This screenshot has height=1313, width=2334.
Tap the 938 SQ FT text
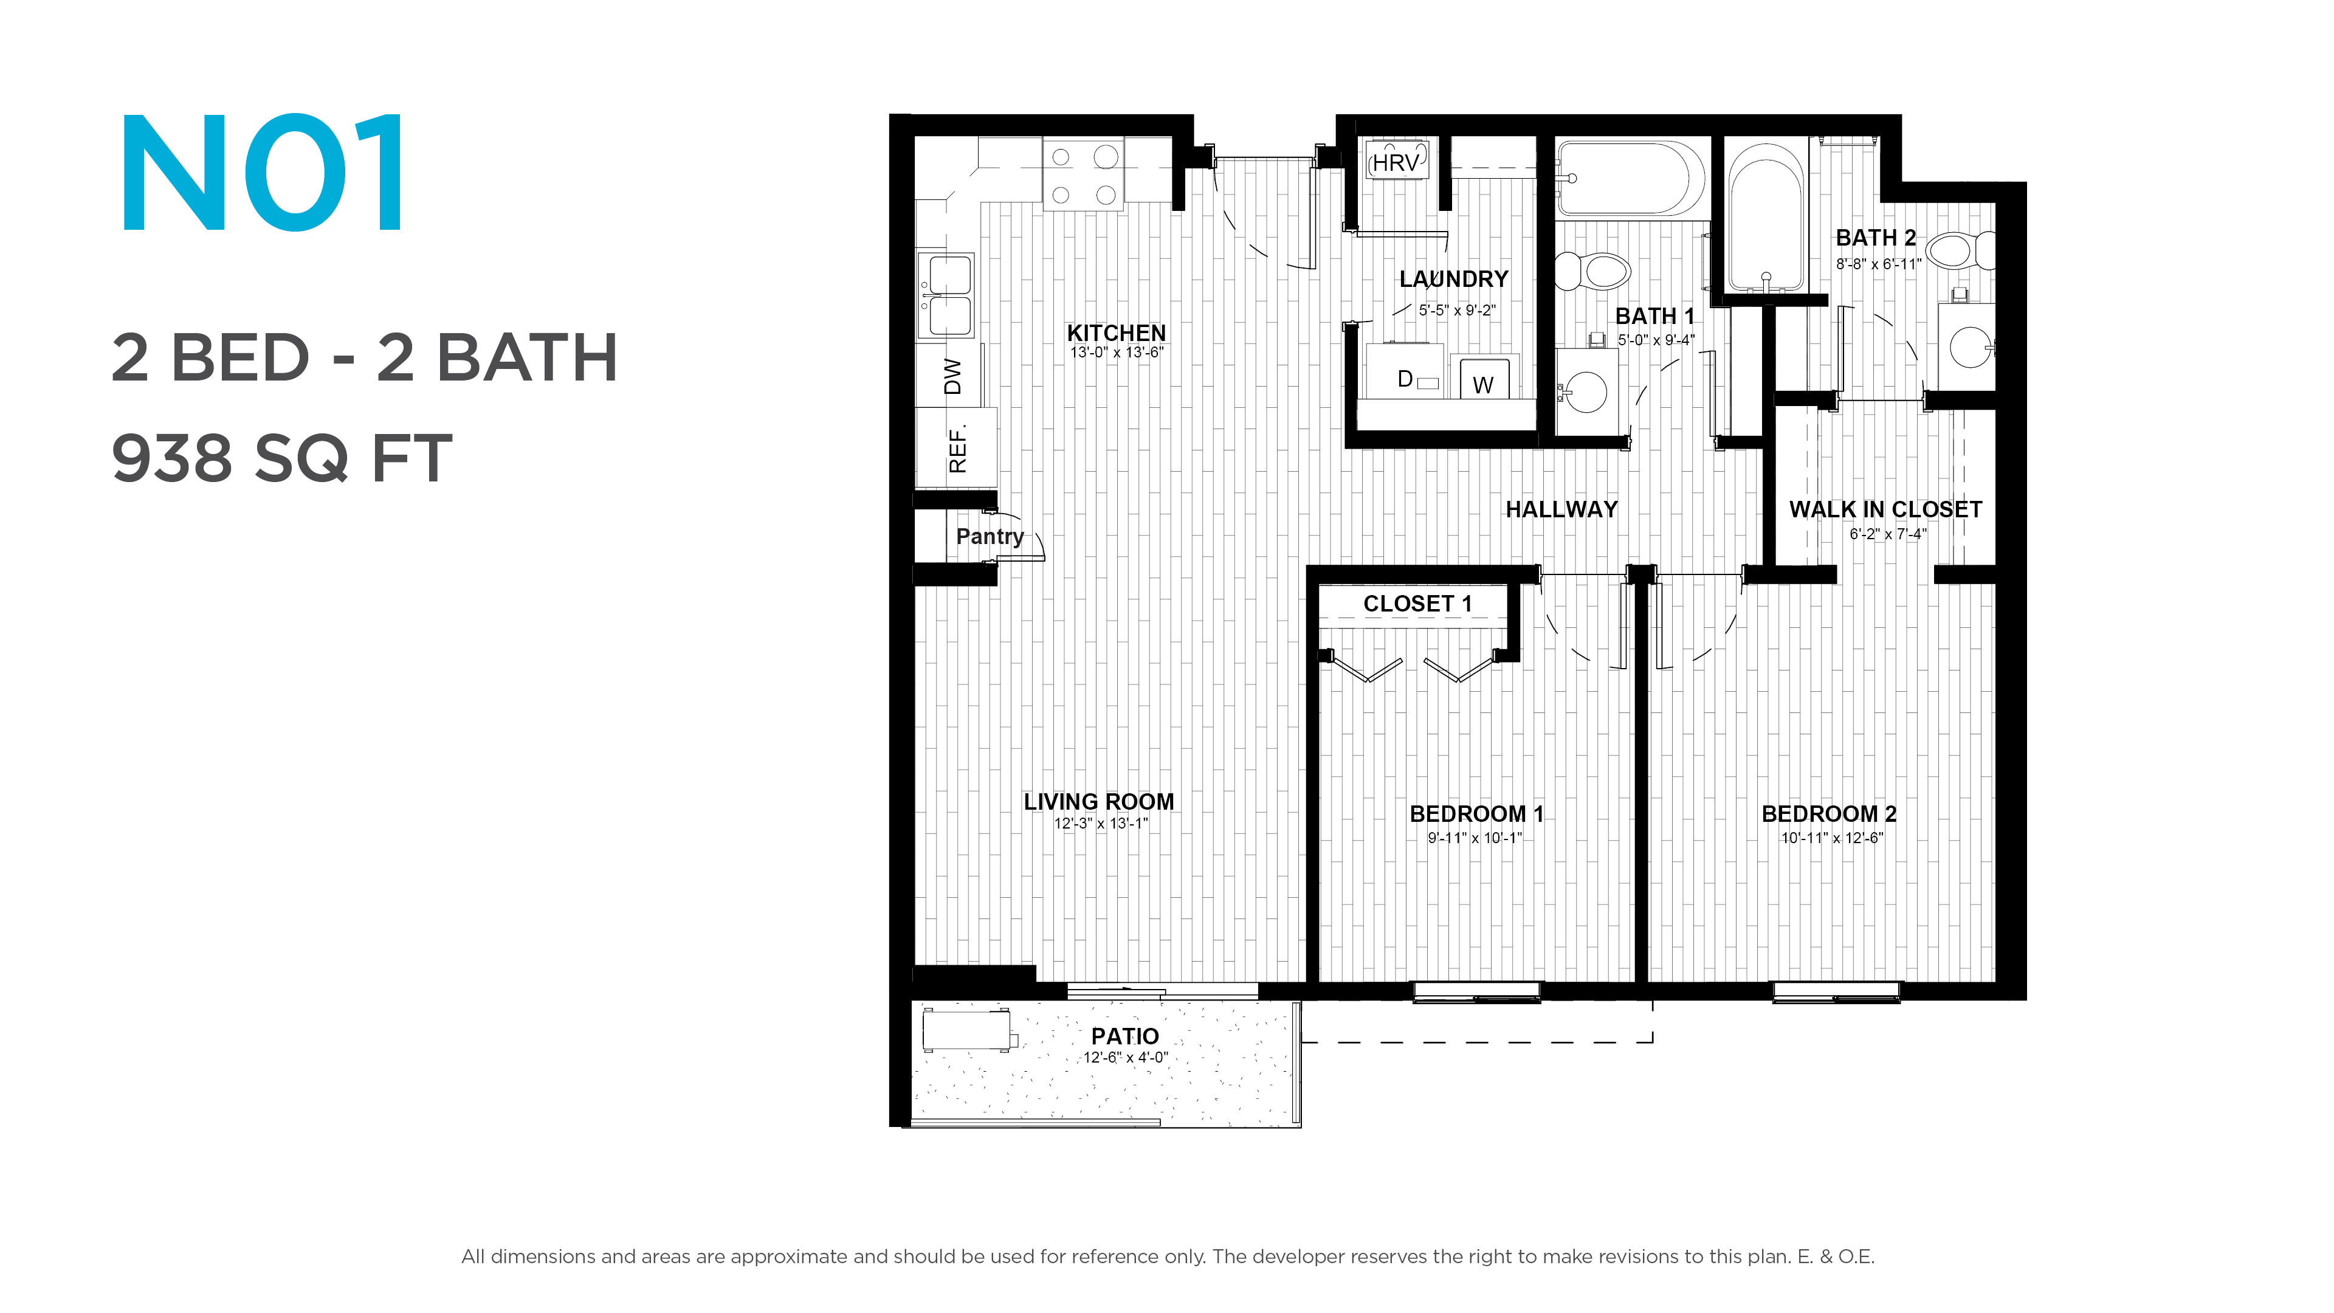(x=282, y=458)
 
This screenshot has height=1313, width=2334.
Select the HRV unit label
(x=1396, y=163)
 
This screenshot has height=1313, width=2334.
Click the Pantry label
(x=990, y=536)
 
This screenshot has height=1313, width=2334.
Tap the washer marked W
(x=1483, y=379)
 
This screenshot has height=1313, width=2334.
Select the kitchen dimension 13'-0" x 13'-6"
(x=1117, y=353)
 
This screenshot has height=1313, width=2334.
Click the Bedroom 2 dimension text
(x=1831, y=838)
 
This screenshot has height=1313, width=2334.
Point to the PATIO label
(x=1125, y=1036)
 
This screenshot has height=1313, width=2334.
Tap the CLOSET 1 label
(x=1418, y=604)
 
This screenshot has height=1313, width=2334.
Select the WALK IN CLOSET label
(x=1885, y=509)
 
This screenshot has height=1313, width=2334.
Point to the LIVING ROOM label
(x=1099, y=802)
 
